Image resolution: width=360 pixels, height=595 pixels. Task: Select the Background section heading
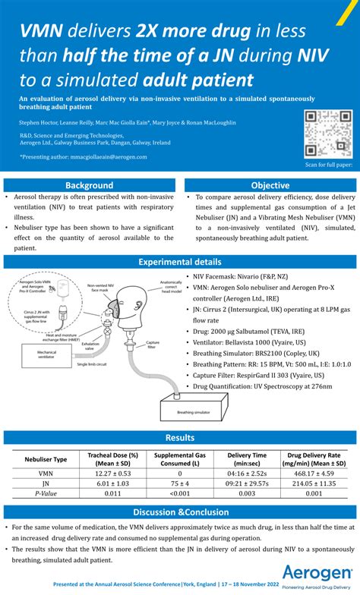pyautogui.click(x=89, y=185)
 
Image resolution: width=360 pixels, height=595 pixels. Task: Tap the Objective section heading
pyautogui.click(x=270, y=185)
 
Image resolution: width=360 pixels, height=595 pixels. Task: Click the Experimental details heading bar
pyautogui.click(x=179, y=262)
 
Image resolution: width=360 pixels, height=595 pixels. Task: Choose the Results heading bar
pyautogui.click(x=179, y=437)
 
